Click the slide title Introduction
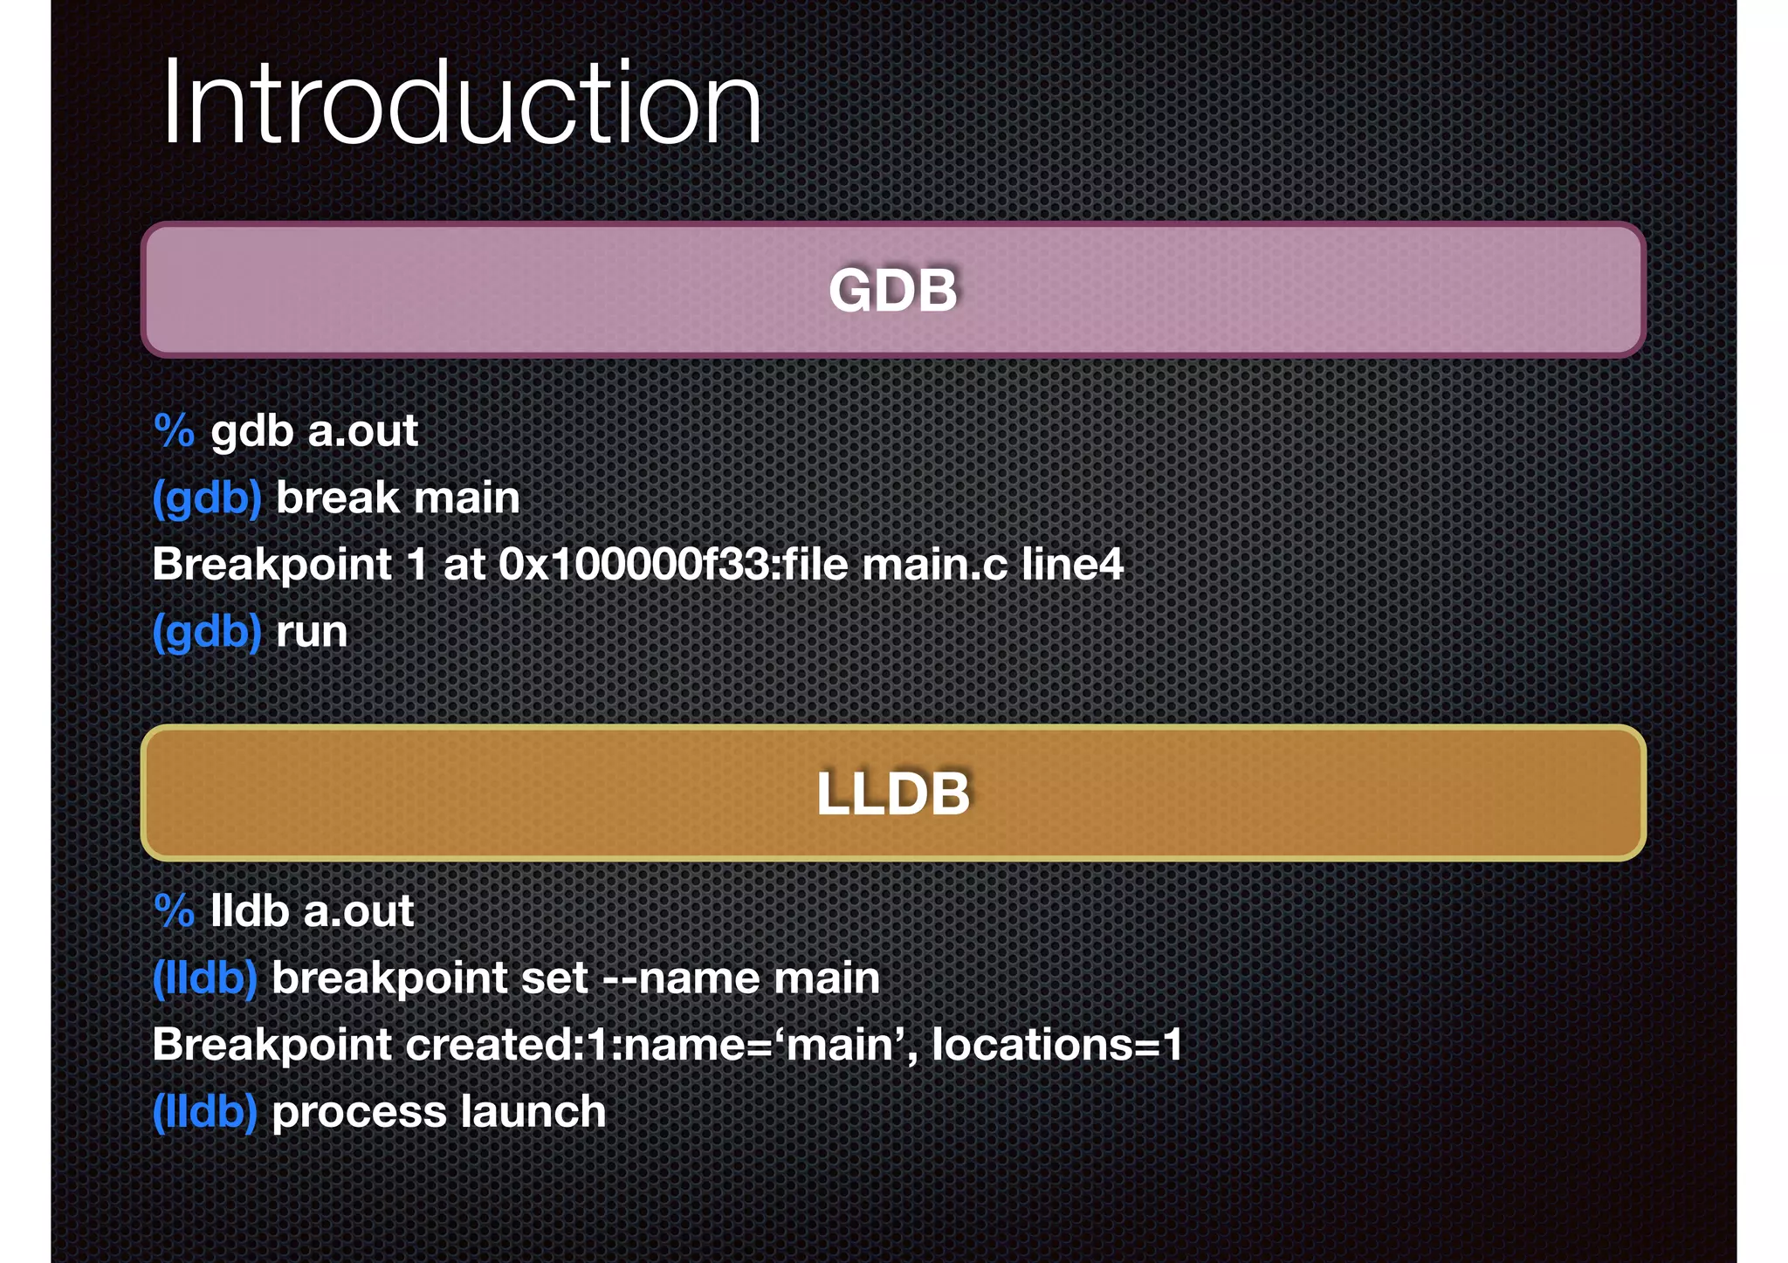click(461, 103)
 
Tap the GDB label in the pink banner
click(893, 290)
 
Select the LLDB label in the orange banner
click(893, 793)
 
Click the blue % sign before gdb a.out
click(174, 430)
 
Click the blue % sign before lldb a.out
click(174, 910)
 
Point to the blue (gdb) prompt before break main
click(207, 498)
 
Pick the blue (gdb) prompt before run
click(207, 632)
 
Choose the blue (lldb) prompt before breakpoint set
click(205, 978)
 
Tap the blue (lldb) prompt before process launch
click(205, 1112)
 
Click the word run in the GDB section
click(312, 632)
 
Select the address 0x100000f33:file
click(673, 564)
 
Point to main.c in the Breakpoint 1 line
click(934, 564)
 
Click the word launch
click(533, 1112)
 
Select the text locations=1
click(1057, 1045)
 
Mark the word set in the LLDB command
click(554, 978)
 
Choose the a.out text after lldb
click(358, 911)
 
